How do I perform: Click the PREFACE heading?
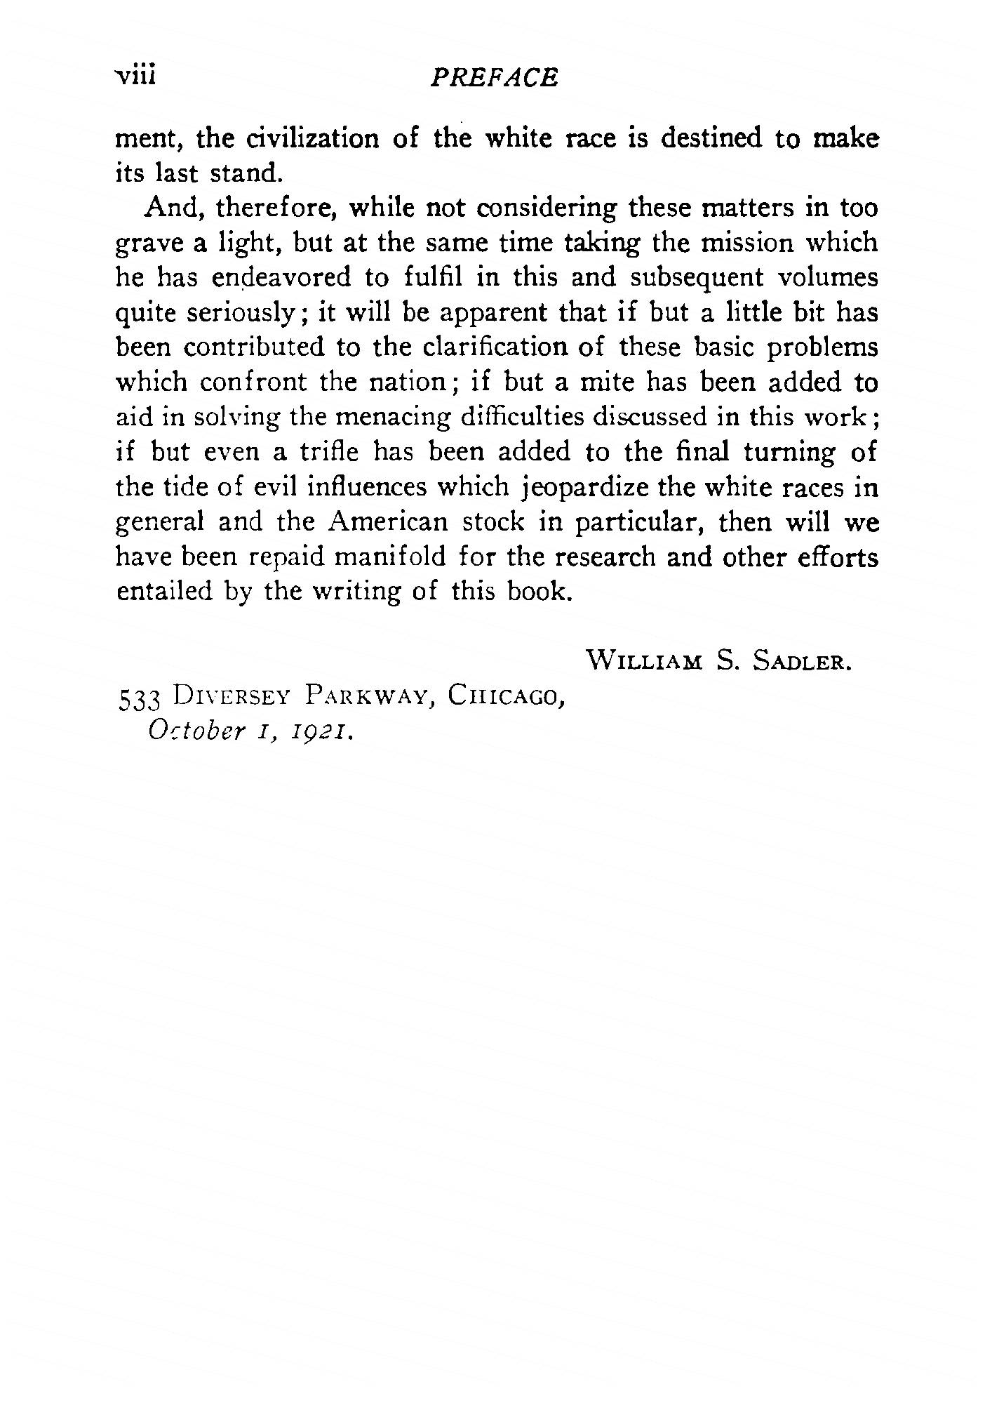tap(495, 77)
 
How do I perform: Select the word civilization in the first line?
tap(311, 138)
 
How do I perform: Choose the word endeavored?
tap(282, 278)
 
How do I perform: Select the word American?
tap(387, 522)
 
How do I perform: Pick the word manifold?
tap(389, 557)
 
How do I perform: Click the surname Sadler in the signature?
tap(801, 661)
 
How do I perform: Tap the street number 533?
tap(140, 699)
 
